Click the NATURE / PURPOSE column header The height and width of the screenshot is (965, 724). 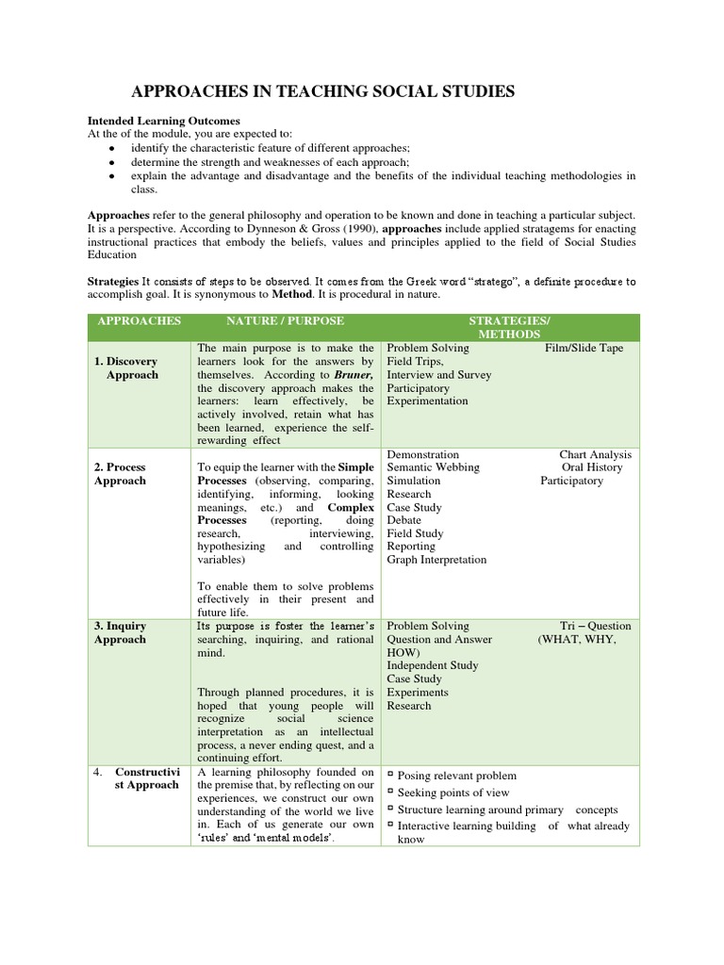point(285,321)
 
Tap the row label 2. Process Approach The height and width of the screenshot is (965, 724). point(121,473)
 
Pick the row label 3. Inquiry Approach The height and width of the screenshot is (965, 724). point(121,632)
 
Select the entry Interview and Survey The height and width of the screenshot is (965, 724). point(438,374)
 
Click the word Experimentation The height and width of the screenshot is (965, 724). point(427,401)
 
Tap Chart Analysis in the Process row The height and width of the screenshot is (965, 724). point(595,454)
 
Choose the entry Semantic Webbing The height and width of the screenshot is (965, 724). point(433,467)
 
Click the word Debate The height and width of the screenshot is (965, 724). point(404,520)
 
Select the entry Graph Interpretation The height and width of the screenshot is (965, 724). point(436,560)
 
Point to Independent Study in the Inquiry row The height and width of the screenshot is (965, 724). point(433,665)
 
